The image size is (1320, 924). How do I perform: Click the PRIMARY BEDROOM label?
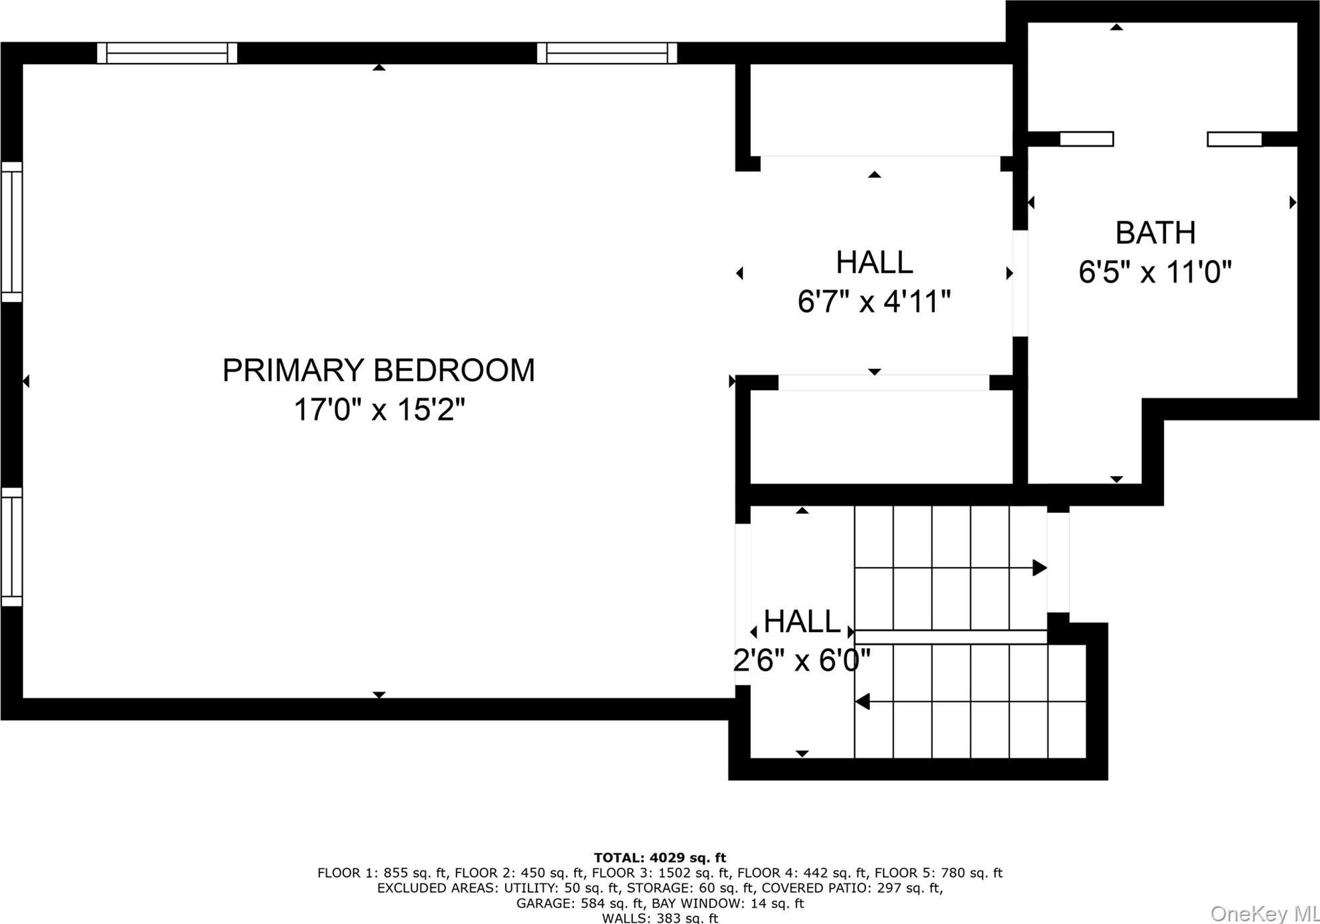(x=378, y=370)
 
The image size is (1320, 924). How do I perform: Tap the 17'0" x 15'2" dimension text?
(x=378, y=409)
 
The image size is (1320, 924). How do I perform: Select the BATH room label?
(x=1155, y=233)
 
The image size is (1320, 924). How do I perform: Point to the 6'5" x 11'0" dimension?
(x=1155, y=272)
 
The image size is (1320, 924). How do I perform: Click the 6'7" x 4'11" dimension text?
(x=874, y=301)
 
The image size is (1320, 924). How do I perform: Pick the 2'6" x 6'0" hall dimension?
(x=802, y=661)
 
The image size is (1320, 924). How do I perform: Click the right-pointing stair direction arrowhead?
(x=1039, y=568)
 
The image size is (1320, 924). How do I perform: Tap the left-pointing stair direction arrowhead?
(x=863, y=702)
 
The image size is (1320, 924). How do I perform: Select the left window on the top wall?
(x=167, y=53)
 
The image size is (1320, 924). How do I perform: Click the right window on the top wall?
(x=607, y=53)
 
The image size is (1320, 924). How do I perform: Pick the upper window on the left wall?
(x=11, y=232)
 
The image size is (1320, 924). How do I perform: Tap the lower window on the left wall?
(x=11, y=547)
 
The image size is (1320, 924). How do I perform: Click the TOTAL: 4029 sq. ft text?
(x=660, y=858)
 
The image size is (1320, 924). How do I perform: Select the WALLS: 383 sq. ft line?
(x=660, y=918)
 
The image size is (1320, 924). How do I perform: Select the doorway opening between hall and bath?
(x=1020, y=283)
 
